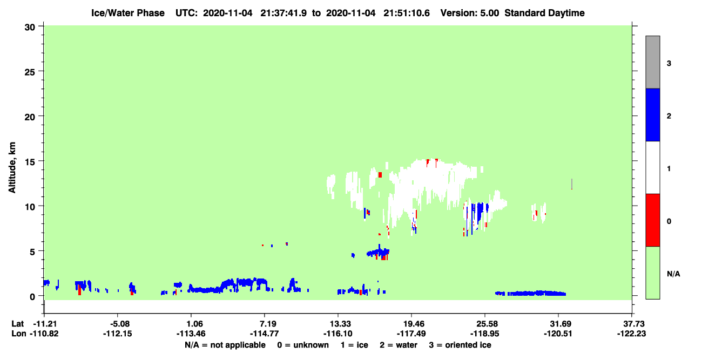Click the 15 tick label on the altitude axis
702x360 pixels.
tap(30, 162)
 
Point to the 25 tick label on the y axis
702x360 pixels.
tap(30, 72)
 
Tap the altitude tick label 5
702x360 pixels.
tap(32, 252)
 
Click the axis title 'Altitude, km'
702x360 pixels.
tap(12, 167)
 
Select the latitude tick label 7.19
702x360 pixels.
tap(265, 323)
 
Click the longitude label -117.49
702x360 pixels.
tap(411, 334)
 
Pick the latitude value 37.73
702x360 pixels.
tap(632, 323)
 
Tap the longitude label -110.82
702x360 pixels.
tap(44, 334)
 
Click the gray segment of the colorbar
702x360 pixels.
tap(652, 62)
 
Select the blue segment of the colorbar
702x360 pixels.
tap(652, 114)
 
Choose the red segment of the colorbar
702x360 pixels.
tap(652, 220)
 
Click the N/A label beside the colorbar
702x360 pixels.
tap(673, 274)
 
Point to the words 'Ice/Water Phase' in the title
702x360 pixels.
tap(128, 13)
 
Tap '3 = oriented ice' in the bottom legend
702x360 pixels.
tap(460, 345)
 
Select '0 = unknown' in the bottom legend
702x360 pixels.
tap(303, 345)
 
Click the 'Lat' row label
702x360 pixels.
tap(18, 323)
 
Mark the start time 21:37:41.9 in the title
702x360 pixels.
tap(283, 13)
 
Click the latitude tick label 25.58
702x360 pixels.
tap(484, 323)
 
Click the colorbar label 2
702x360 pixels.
tap(669, 116)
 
